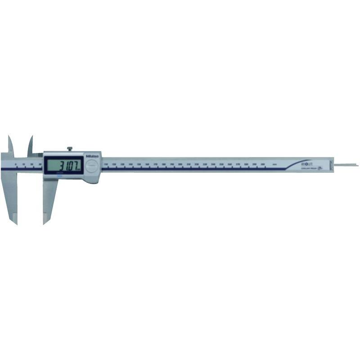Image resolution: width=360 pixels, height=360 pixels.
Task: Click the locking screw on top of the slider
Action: coord(70,148)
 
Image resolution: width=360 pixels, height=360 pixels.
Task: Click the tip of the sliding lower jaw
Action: coord(45,221)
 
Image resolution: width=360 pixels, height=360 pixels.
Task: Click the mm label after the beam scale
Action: coord(274,165)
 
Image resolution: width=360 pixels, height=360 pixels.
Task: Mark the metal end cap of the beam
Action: coord(333,165)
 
